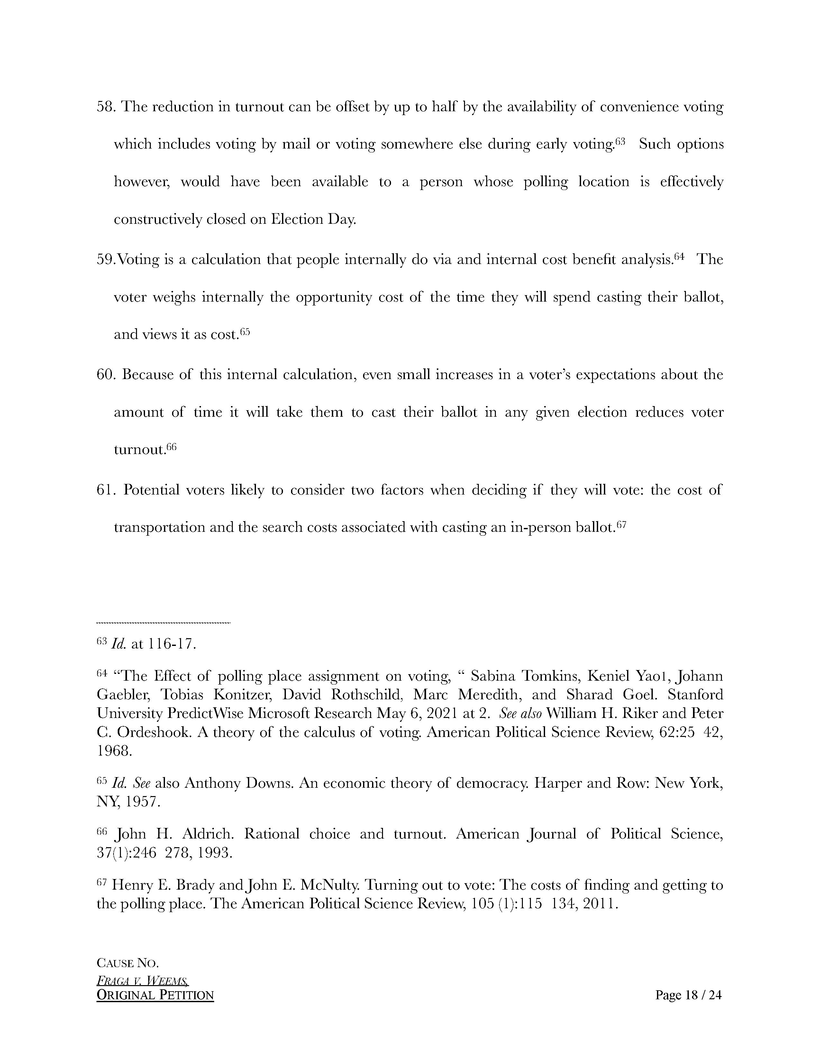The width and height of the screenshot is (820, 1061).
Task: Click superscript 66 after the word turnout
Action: pyautogui.click(x=171, y=447)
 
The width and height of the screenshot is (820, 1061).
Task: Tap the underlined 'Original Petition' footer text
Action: pyautogui.click(x=155, y=995)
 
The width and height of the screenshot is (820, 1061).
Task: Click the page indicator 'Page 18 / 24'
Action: pyautogui.click(x=688, y=995)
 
